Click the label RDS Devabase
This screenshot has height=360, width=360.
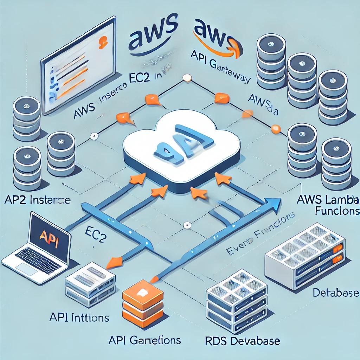[242, 341]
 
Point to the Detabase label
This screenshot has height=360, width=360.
[336, 293]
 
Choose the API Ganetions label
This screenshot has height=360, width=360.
[144, 340]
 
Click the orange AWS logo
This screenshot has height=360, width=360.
[214, 35]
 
